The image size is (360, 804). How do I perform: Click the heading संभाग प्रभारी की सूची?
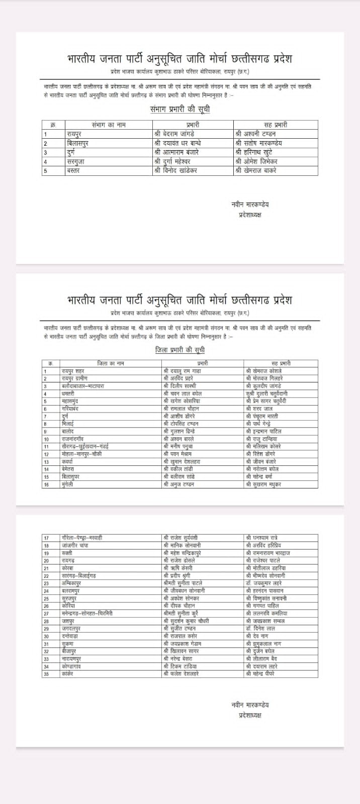coord(179,109)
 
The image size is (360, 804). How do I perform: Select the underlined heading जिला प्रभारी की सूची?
coord(179,350)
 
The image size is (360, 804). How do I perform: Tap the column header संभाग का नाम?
coord(109,125)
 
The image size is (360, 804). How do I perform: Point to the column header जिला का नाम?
coord(110,363)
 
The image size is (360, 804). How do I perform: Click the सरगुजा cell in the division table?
coord(77,162)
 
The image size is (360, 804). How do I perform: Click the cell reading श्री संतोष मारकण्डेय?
coord(258,143)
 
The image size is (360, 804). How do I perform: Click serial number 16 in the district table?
coord(46,484)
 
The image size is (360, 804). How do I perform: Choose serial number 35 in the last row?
coord(46,674)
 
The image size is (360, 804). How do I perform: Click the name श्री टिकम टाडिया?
coord(179,666)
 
